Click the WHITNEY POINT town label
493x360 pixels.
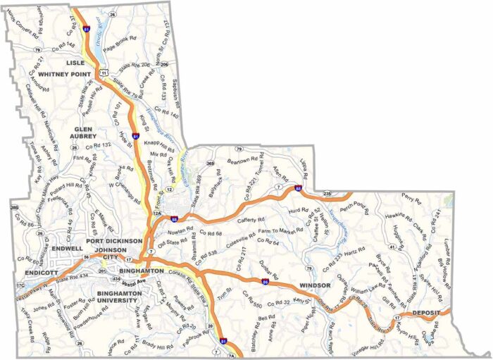[65, 73]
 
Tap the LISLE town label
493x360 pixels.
[75, 63]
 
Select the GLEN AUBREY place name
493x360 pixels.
[90, 134]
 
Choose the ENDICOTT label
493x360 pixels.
[39, 272]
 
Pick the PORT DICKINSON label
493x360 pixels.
[114, 240]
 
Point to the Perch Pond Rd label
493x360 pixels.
[354, 208]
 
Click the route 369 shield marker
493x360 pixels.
[210, 163]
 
